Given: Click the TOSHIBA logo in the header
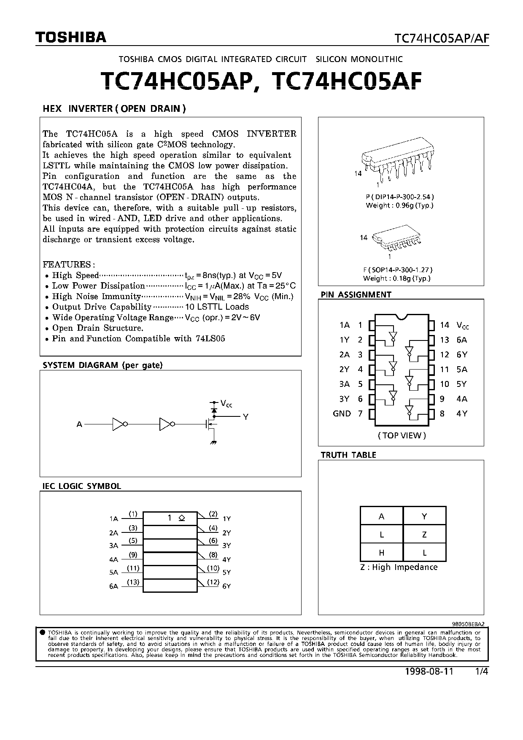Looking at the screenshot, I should pyautogui.click(x=70, y=38).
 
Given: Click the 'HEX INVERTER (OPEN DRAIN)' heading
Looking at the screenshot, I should pyautogui.click(x=114, y=108).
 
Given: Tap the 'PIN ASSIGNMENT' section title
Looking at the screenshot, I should pyautogui.click(x=356, y=294).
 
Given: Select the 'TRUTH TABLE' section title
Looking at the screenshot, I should pyautogui.click(x=348, y=455).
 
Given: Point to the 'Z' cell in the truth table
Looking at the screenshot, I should pyautogui.click(x=424, y=535).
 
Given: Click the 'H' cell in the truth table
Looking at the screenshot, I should pyautogui.click(x=381, y=552).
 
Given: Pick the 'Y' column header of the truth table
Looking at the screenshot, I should pyautogui.click(x=424, y=516).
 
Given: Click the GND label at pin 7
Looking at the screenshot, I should pyautogui.click(x=342, y=413).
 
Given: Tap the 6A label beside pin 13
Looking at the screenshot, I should pyautogui.click(x=461, y=340).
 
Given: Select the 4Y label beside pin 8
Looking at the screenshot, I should pyautogui.click(x=461, y=413).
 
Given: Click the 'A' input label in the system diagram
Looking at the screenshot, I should pyautogui.click(x=79, y=424).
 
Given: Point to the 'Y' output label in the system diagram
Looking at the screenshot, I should pyautogui.click(x=245, y=417).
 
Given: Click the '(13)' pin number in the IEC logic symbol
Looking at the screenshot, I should pyautogui.click(x=133, y=582).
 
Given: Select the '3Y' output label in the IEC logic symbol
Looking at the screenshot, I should pyautogui.click(x=226, y=546).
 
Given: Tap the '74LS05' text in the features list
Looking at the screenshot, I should pyautogui.click(x=210, y=338).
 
